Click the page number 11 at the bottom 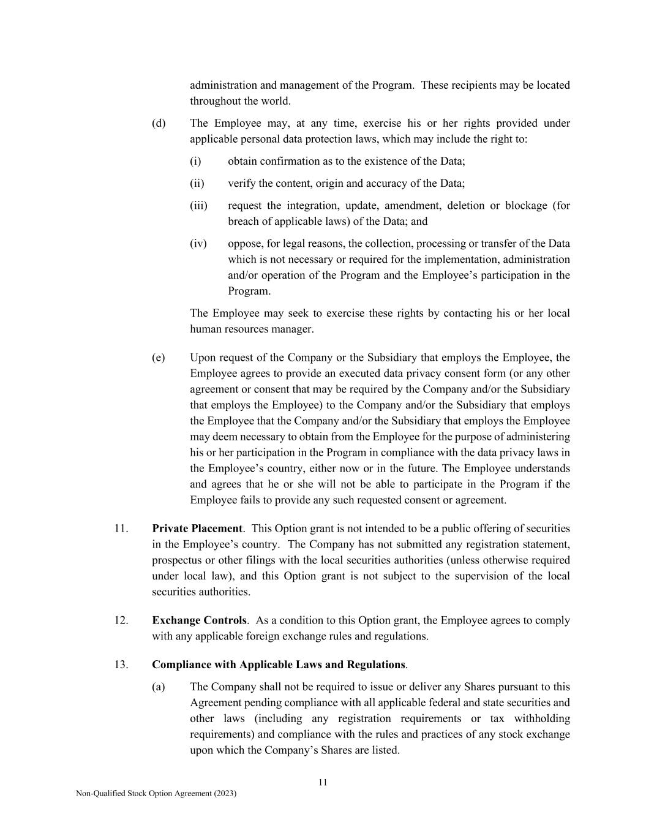click(x=323, y=782)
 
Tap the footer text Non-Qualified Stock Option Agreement click(x=156, y=793)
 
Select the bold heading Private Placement click(x=197, y=529)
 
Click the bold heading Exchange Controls click(x=199, y=620)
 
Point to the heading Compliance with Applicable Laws click(x=279, y=665)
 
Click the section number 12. click(x=121, y=620)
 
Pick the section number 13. click(x=121, y=665)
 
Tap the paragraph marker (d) click(x=159, y=123)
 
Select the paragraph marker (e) click(x=159, y=358)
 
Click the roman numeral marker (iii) click(x=198, y=205)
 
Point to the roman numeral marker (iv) click(x=198, y=244)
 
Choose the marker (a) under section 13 click(x=159, y=687)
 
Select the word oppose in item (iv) click(x=244, y=244)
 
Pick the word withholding click(x=542, y=719)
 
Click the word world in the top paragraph click(x=276, y=101)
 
